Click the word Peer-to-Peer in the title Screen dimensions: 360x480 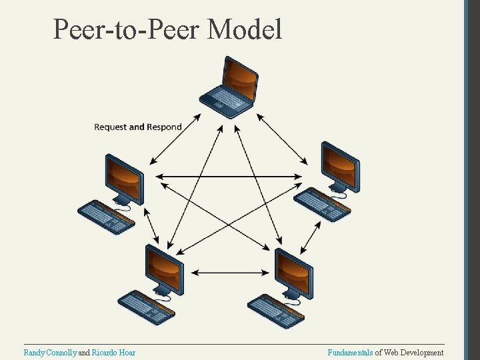coord(127,29)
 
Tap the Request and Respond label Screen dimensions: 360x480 coord(138,127)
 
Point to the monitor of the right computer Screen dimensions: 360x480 coord(340,166)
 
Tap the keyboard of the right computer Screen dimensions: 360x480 coord(322,203)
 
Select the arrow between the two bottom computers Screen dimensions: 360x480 coord(228,272)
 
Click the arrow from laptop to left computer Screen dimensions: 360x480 coord(175,139)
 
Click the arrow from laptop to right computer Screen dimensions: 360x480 coord(282,139)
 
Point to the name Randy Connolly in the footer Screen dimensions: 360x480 coord(50,353)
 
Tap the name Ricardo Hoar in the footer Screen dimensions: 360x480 coord(113,353)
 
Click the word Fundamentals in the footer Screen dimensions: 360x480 coord(350,353)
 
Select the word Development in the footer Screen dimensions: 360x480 coord(421,353)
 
